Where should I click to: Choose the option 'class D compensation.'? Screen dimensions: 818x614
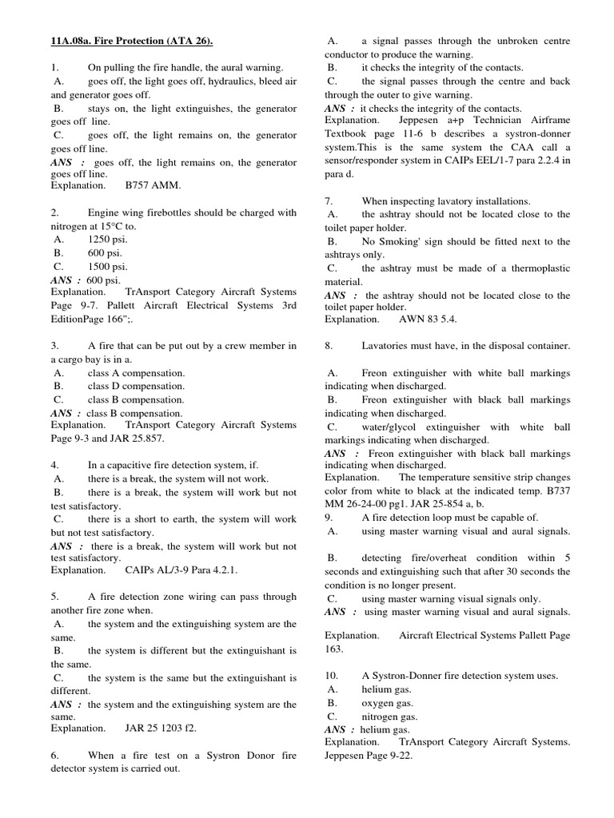pos(136,387)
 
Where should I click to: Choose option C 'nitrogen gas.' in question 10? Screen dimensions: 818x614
pos(390,716)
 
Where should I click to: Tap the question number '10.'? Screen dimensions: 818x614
pos(332,676)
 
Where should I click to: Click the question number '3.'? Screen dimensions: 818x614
pos(55,346)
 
